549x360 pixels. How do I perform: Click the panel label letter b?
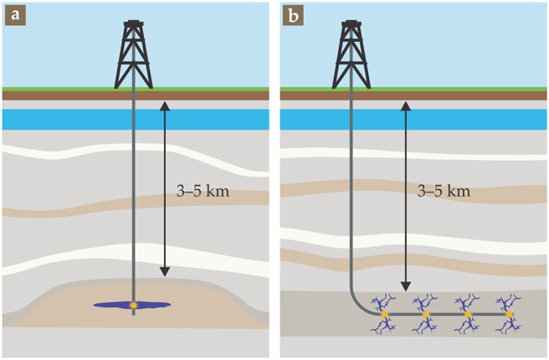(x=292, y=16)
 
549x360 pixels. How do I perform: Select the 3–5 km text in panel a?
(x=202, y=192)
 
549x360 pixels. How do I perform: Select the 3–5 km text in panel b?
(x=444, y=192)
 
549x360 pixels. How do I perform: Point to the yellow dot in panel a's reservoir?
(x=133, y=305)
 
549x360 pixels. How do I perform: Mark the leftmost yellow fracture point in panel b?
(x=386, y=315)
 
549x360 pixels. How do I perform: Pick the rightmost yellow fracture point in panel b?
(x=509, y=315)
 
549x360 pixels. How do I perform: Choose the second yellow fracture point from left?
(x=427, y=315)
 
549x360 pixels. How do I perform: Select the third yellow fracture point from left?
(x=468, y=315)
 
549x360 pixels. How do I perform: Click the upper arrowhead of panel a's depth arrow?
(x=165, y=105)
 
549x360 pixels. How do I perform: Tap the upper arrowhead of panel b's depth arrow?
(x=406, y=105)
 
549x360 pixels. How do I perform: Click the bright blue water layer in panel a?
(x=67, y=120)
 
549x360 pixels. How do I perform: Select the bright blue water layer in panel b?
(x=469, y=120)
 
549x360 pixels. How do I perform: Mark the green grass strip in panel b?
(x=469, y=89)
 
